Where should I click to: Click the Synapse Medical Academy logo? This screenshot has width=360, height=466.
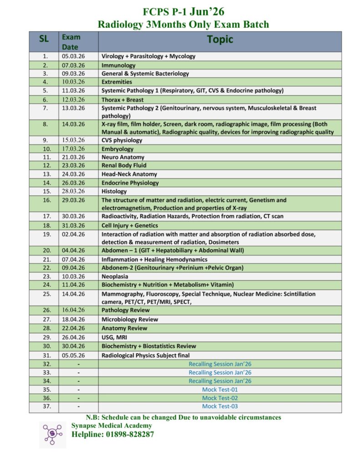click(x=52, y=435)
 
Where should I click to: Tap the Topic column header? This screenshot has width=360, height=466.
click(x=220, y=40)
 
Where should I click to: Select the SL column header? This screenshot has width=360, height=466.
click(x=44, y=40)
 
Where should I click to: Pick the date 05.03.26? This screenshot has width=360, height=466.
click(x=73, y=56)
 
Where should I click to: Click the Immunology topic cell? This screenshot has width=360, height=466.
click(x=118, y=65)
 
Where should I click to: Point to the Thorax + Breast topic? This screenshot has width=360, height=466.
click(x=122, y=100)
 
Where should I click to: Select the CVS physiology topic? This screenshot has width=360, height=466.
click(x=122, y=140)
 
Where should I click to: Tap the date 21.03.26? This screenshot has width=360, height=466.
click(x=73, y=157)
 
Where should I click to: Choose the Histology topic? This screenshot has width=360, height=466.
click(x=114, y=191)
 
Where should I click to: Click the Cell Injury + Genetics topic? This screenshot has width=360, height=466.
click(x=130, y=225)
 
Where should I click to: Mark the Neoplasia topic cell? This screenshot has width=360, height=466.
click(x=115, y=276)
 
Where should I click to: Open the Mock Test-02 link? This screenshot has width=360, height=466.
click(x=220, y=398)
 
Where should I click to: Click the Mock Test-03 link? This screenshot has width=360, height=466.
click(x=220, y=406)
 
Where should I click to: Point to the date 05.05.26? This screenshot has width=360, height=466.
click(x=73, y=355)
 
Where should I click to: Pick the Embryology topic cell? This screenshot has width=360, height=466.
click(x=117, y=149)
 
